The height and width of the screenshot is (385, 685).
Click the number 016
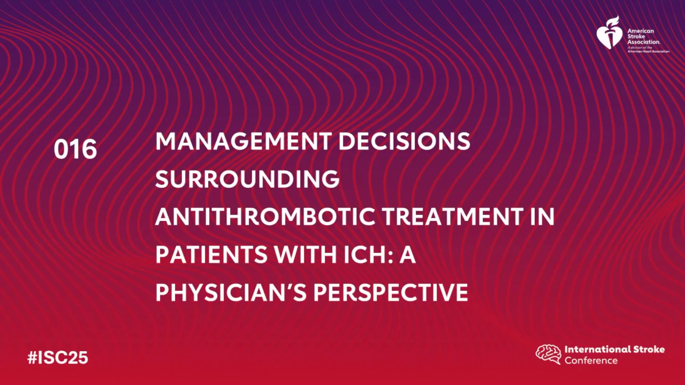(75, 149)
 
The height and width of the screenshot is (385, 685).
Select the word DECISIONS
(404, 141)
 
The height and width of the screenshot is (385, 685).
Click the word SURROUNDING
(247, 179)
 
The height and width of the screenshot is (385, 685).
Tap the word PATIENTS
(211, 255)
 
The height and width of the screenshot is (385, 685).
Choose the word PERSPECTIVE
(391, 292)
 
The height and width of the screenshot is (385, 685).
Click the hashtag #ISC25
(57, 358)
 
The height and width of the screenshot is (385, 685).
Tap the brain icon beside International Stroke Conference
(548, 354)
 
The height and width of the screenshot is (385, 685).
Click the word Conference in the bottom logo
(591, 360)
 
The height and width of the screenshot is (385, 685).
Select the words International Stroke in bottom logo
(614, 349)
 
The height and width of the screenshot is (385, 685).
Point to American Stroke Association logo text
(644, 36)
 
